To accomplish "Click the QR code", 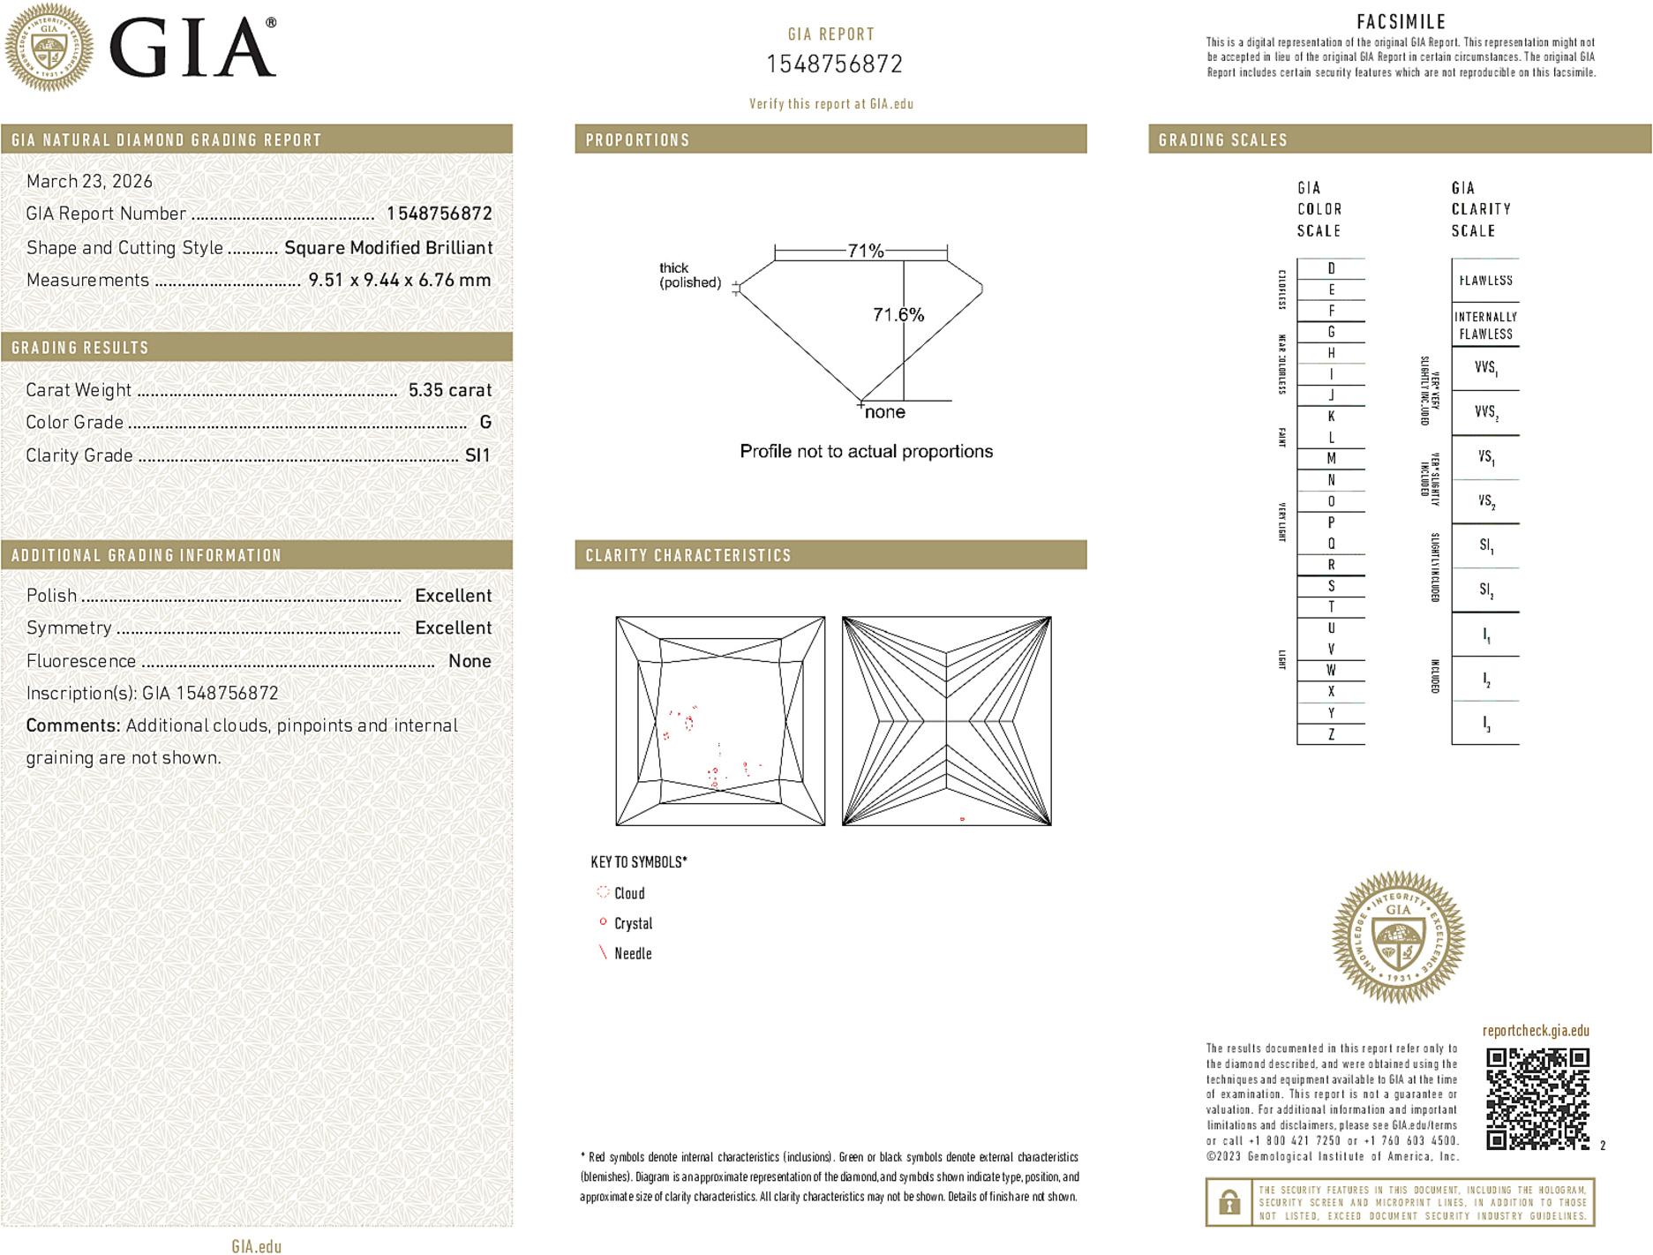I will tap(1537, 1098).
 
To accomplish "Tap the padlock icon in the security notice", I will tap(1228, 1202).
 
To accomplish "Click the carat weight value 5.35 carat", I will tap(449, 390).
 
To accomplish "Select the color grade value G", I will tap(485, 423).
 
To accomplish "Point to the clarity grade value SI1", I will tap(477, 455).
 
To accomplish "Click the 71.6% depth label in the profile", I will tap(898, 315).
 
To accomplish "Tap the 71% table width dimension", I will tap(865, 251).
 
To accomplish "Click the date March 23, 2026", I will tap(89, 182).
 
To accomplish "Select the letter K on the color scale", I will tap(1331, 417).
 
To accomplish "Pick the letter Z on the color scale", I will tap(1331, 734).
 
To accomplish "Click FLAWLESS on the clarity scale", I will tap(1485, 281).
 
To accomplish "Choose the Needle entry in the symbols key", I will tap(632, 953).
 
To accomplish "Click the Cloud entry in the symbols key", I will tap(628, 893).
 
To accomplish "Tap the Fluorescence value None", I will tap(470, 661).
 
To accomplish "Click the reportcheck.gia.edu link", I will tap(1536, 1031).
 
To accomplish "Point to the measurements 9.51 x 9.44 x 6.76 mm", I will tap(399, 281).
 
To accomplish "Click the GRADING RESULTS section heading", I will tap(80, 348).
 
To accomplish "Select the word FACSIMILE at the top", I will tap(1401, 21).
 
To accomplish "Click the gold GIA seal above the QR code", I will tap(1398, 937).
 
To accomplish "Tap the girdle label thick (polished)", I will tap(689, 275).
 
